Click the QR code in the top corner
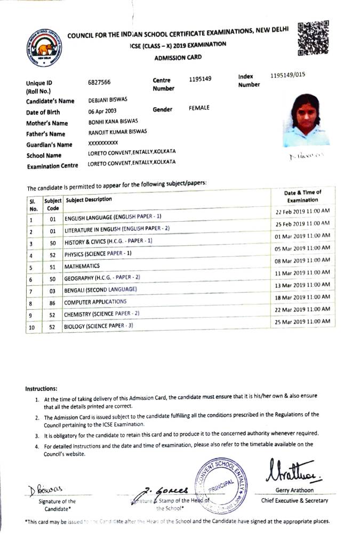coord(313,38)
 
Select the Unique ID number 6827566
coord(99,83)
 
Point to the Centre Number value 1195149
coord(200,79)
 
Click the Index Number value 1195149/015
coord(288,75)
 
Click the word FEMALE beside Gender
coord(199,108)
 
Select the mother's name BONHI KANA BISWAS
coord(114,123)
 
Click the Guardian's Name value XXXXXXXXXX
coord(103,143)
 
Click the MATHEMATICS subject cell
coord(82,266)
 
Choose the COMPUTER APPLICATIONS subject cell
coord(95,302)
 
